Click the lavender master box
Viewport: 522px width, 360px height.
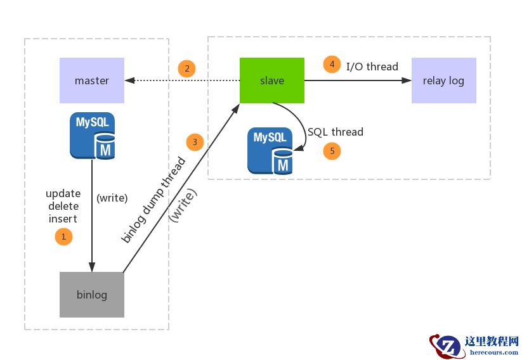coord(92,80)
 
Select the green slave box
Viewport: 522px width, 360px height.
coord(272,80)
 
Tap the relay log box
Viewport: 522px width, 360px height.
coord(443,80)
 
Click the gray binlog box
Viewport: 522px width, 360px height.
coord(92,295)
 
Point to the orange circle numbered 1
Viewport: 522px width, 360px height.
coord(63,237)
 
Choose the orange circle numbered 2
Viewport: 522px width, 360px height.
coord(186,68)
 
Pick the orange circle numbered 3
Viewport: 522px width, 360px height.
coord(195,142)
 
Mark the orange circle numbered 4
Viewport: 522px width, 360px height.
coord(331,64)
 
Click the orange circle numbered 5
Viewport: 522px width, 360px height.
coord(332,151)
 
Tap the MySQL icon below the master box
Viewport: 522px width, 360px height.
coord(93,135)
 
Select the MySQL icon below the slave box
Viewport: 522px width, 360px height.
coord(270,151)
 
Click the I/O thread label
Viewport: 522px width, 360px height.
coord(372,67)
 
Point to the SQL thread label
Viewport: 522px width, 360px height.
coord(335,132)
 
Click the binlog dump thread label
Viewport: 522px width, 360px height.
coord(153,200)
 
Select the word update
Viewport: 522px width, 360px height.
coord(63,193)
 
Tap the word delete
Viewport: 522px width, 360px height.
coord(63,206)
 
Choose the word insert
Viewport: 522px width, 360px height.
coord(63,219)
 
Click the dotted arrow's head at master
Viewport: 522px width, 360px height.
coord(129,80)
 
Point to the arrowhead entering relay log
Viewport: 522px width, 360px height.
coord(407,80)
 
